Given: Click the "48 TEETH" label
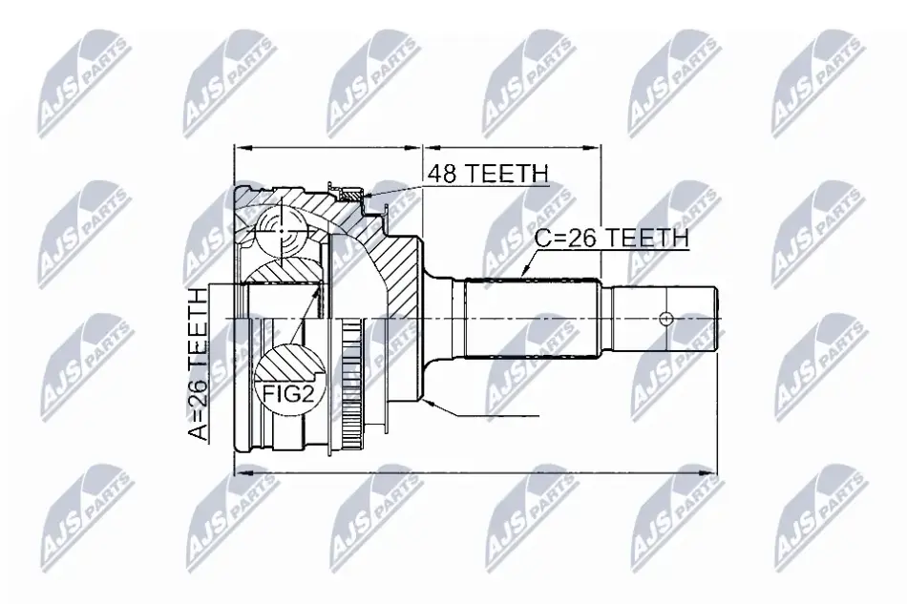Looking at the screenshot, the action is tap(488, 173).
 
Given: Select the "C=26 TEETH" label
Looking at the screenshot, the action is tap(611, 239).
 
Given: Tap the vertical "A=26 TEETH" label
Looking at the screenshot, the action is tap(198, 364).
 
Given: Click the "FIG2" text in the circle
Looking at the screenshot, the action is tap(287, 394).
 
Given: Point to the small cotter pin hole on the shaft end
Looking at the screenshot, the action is tap(666, 319).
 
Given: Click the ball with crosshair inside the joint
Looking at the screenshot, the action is tap(282, 232).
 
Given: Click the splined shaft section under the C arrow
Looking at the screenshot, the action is tap(531, 319).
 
